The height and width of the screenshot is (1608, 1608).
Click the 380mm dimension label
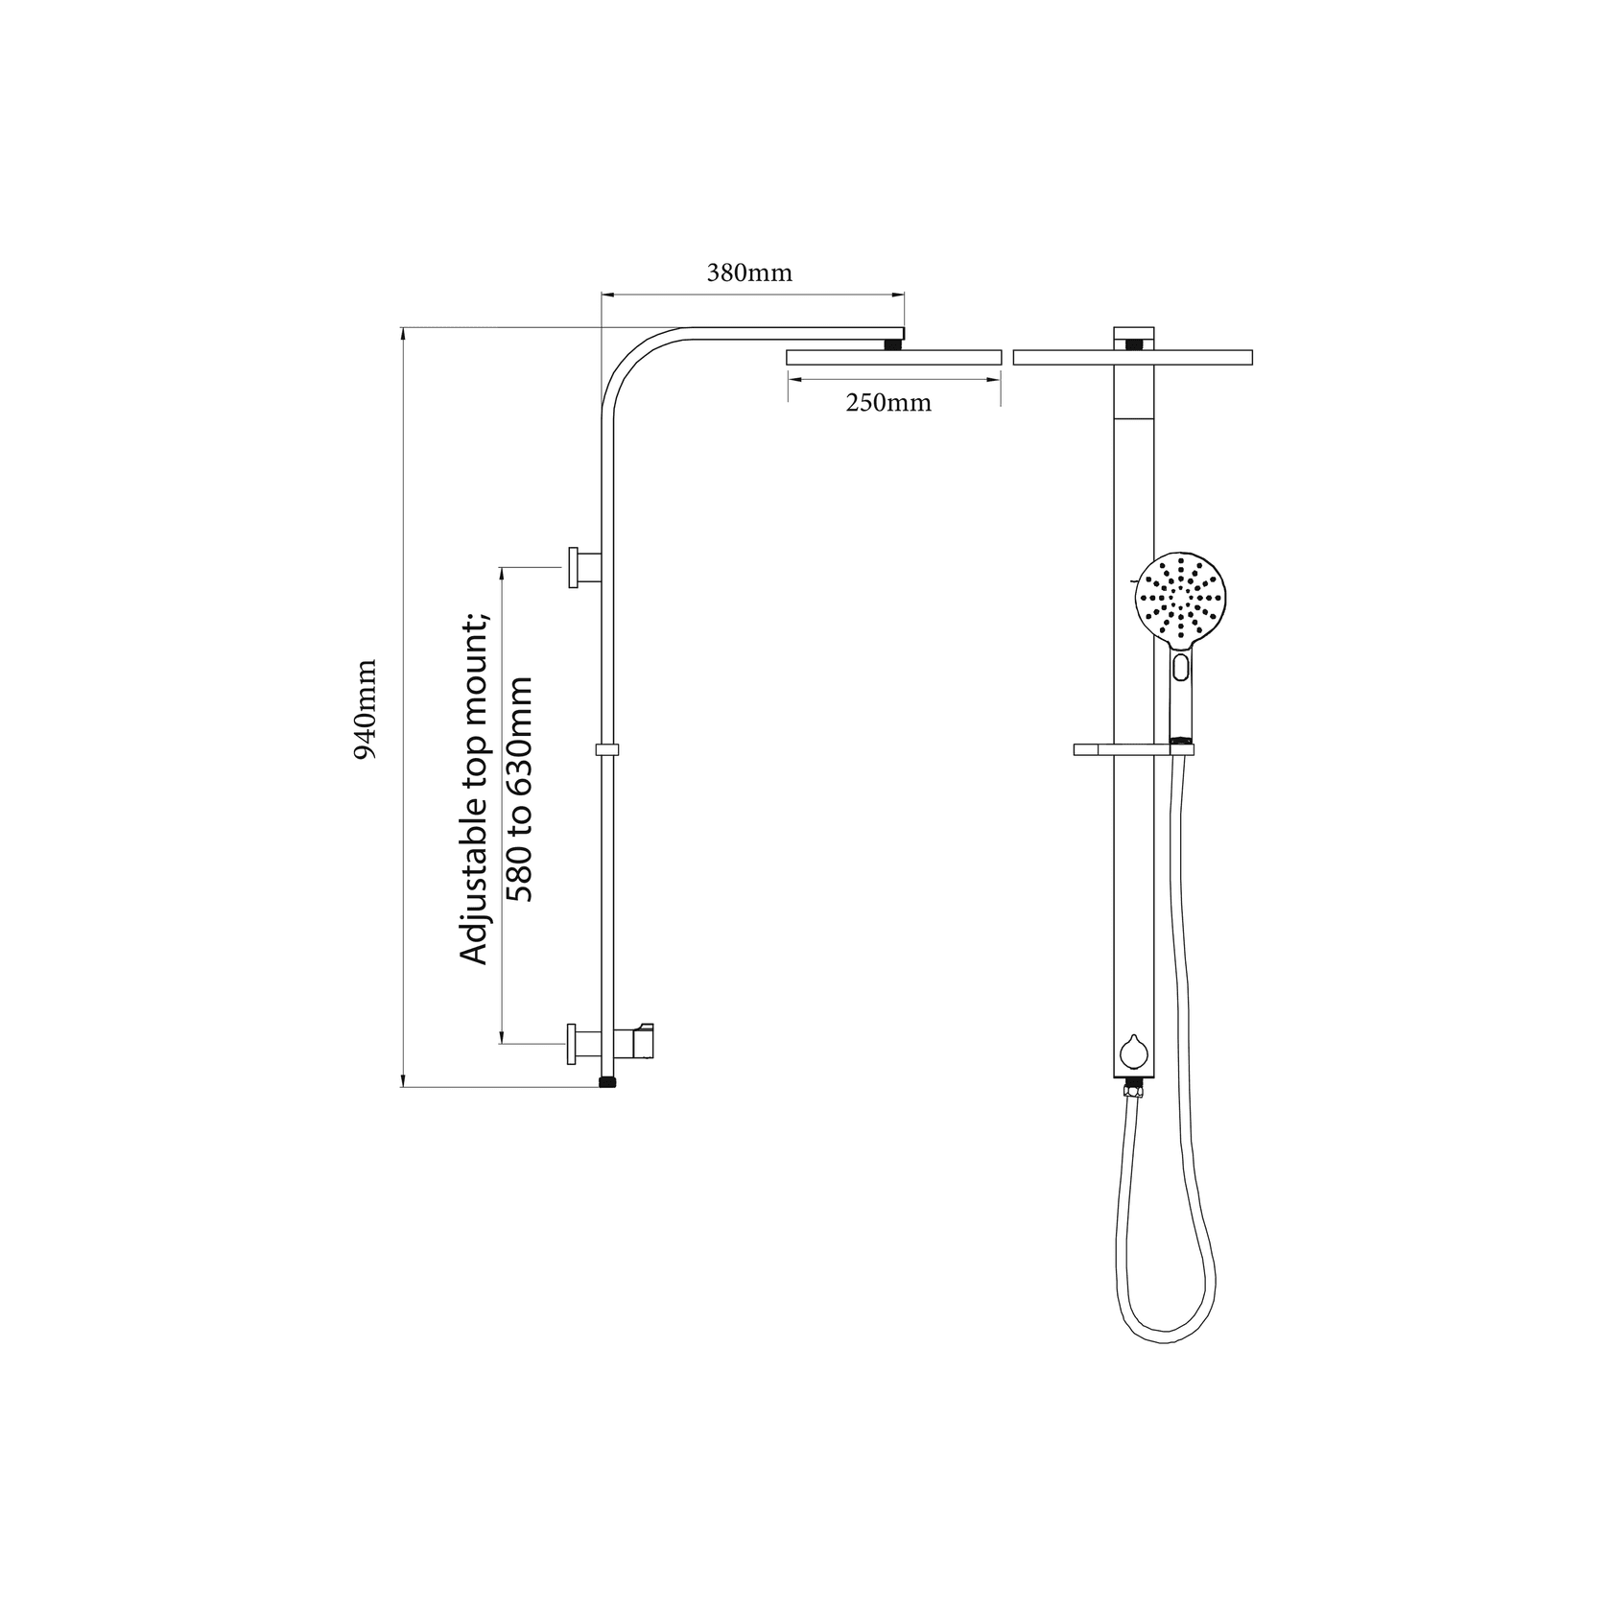coord(749,273)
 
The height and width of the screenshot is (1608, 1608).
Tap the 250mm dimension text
coord(888,403)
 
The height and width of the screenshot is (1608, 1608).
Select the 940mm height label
coord(366,709)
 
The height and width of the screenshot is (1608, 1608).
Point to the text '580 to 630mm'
coord(519,789)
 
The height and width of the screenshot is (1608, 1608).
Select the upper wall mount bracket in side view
coord(584,567)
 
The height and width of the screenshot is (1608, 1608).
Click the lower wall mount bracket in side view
coord(584,1043)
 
